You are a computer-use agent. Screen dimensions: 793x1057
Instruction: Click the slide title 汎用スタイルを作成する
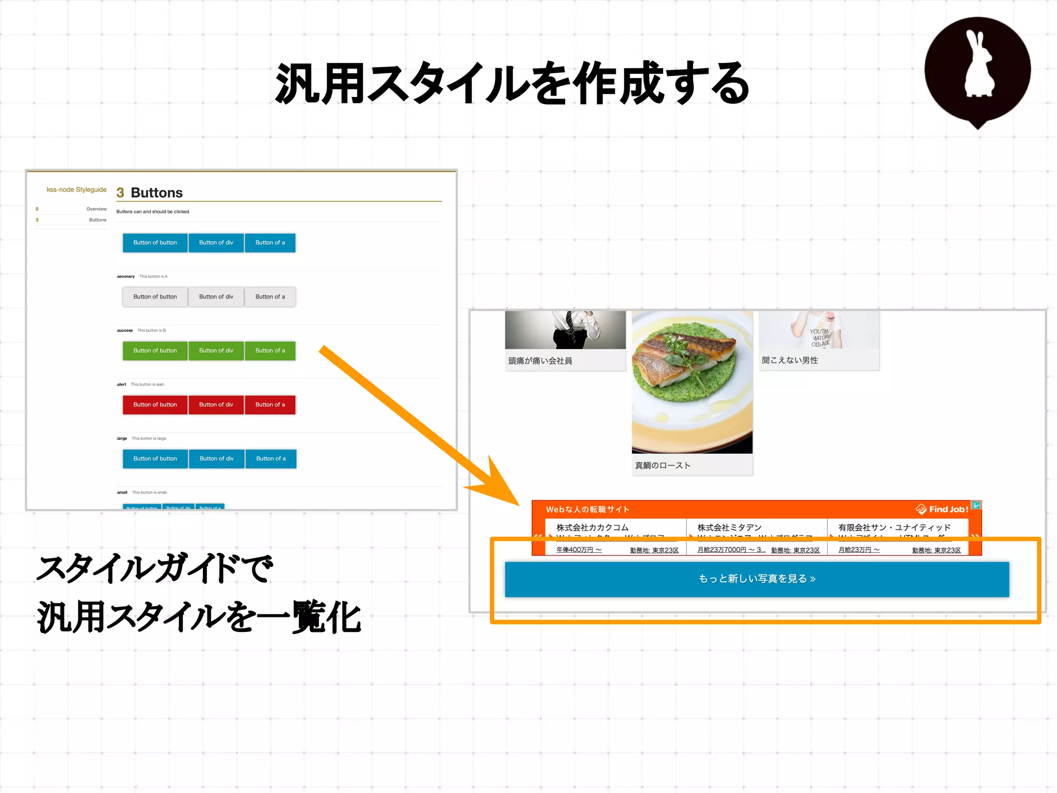pos(512,84)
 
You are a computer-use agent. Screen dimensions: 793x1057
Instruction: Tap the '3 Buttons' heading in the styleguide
pos(150,193)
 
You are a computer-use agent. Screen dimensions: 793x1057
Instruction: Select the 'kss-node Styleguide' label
pos(76,189)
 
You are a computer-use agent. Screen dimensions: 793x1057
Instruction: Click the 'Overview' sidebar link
pos(97,209)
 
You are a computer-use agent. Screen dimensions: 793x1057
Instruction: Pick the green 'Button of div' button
pos(216,351)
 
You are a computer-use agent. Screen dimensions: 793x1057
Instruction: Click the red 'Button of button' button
pos(155,405)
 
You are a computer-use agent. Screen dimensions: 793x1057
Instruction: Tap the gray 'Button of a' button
pos(270,297)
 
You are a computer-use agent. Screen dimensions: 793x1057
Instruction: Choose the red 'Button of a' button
pos(270,405)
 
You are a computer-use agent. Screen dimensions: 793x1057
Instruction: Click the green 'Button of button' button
pos(155,351)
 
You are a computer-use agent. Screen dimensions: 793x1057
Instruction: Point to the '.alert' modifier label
pos(121,385)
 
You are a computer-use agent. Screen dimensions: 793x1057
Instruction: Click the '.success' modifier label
pos(124,330)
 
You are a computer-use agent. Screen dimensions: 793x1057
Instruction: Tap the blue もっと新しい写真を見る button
pos(757,579)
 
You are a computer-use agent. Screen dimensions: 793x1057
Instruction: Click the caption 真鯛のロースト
pos(663,465)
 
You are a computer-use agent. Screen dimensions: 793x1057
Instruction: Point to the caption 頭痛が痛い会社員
pos(540,361)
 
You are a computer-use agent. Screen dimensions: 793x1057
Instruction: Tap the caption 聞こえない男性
pos(790,360)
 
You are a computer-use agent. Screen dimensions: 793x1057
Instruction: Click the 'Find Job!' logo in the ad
pos(942,510)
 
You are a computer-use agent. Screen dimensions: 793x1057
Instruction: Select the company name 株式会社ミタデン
pos(729,527)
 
